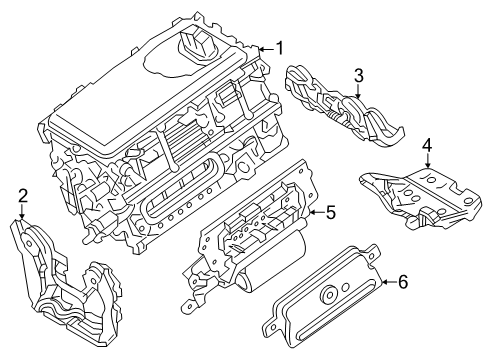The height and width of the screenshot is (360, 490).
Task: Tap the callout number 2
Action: click(x=21, y=196)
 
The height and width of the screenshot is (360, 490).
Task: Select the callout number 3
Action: click(x=357, y=75)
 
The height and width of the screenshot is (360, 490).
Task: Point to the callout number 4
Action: click(x=427, y=145)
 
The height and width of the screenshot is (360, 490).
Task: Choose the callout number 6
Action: click(x=403, y=282)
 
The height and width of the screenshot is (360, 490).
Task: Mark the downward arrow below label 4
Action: click(x=427, y=166)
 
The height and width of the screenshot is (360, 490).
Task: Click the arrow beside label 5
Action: click(x=313, y=212)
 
